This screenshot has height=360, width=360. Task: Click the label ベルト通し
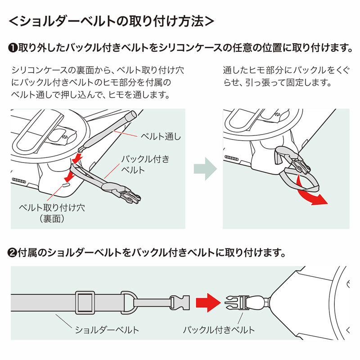click(161, 136)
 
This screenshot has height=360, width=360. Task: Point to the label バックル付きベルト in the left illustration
click(145, 165)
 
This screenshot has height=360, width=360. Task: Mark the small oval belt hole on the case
click(66, 184)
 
